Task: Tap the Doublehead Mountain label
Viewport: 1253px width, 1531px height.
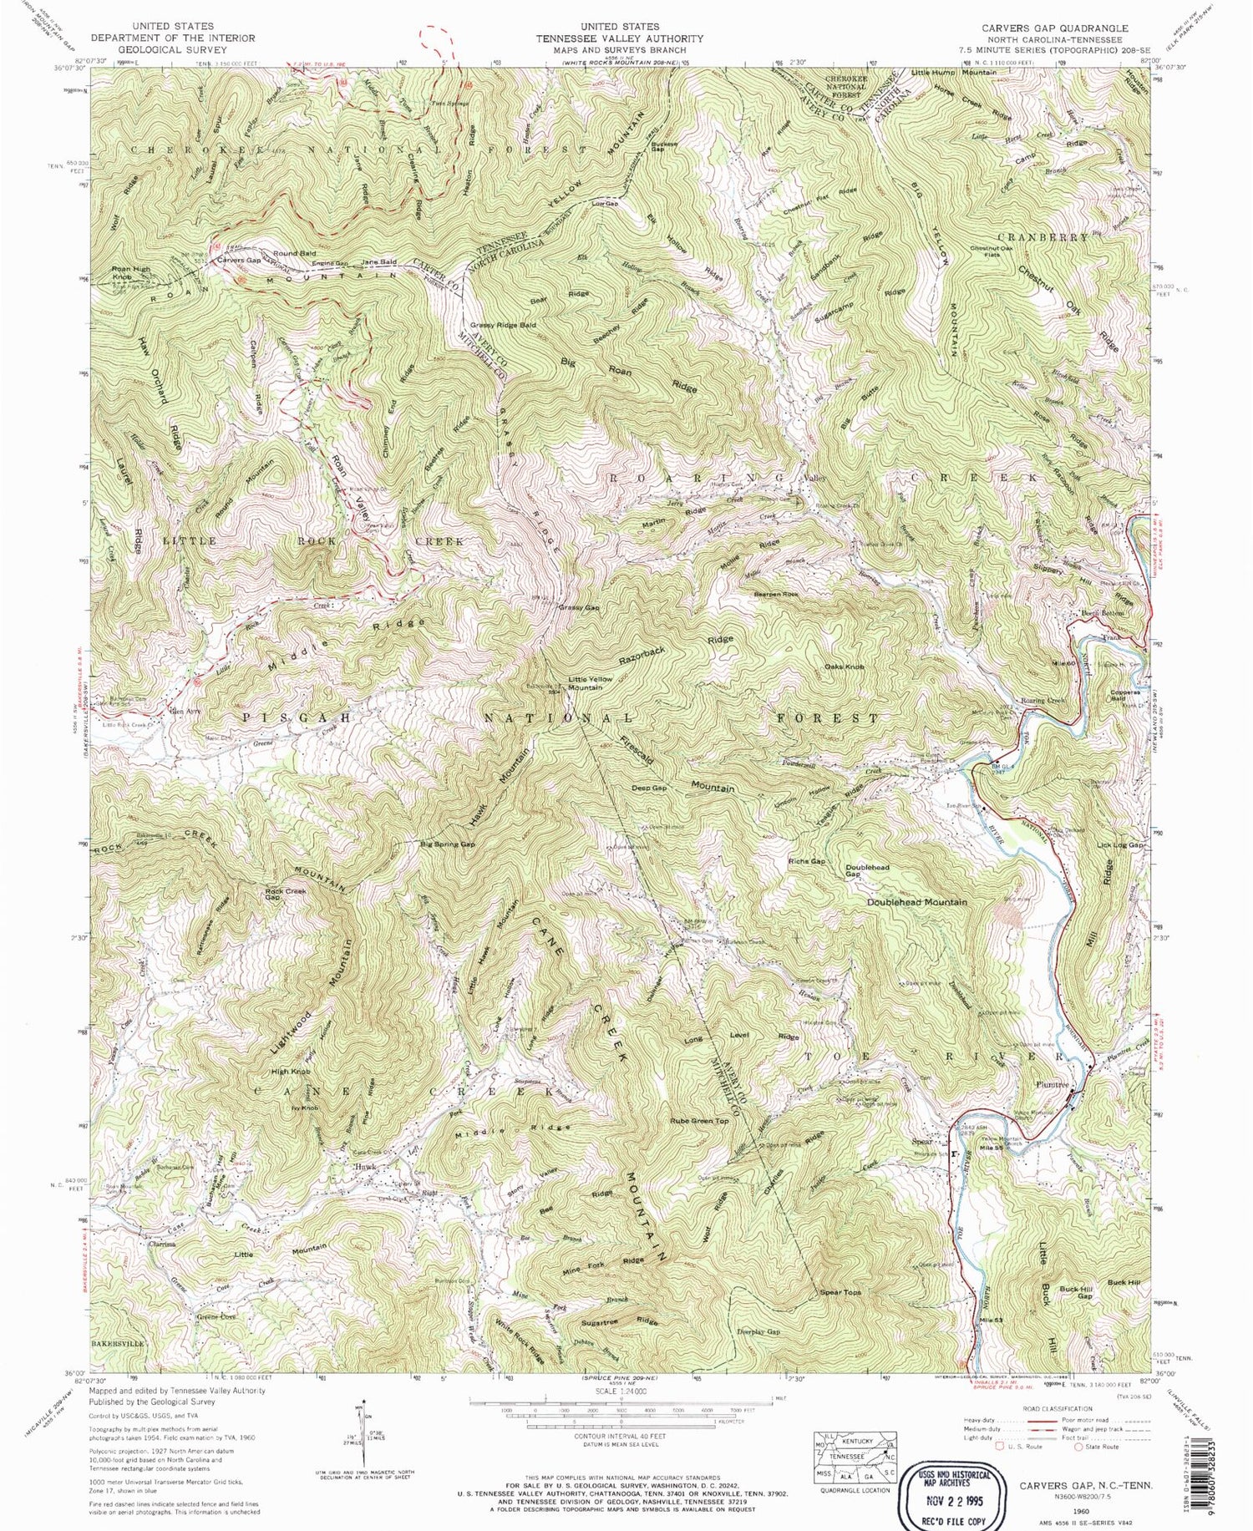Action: [x=916, y=902]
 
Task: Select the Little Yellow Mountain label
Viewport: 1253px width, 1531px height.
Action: [x=591, y=682]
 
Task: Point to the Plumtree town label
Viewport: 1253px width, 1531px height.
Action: [x=1053, y=1084]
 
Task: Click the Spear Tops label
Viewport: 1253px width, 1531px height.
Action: [x=840, y=1292]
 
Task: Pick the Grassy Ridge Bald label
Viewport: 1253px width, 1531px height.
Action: [x=502, y=324]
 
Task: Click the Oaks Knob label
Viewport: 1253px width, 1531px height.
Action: [x=844, y=667]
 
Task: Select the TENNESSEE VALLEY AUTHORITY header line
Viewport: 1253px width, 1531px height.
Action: [x=620, y=38]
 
